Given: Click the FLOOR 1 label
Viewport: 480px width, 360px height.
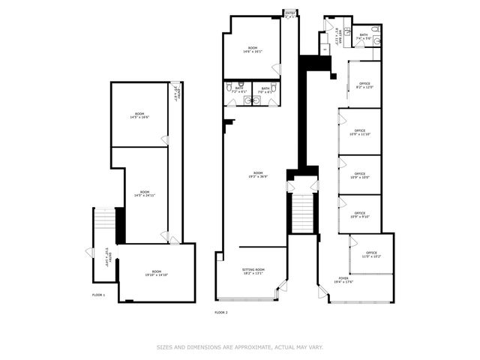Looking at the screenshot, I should (98, 295).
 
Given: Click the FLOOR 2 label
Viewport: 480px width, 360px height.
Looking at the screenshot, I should (220, 312).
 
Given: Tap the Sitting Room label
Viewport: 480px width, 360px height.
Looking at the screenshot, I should (253, 271).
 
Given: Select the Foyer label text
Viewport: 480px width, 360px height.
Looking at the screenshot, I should (343, 279).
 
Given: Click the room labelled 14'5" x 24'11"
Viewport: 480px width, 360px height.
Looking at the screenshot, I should (139, 193).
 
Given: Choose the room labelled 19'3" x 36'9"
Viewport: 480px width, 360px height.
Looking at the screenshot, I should (258, 175).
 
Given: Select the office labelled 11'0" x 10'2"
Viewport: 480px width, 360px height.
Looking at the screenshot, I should (371, 255).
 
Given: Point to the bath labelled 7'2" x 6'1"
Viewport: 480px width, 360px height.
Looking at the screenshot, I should (238, 90).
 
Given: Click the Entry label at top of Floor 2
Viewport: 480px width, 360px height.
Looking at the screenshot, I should (289, 13).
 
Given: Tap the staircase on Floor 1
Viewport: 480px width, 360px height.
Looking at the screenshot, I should (104, 222).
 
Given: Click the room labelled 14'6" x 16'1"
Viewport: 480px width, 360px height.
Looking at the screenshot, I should (250, 51).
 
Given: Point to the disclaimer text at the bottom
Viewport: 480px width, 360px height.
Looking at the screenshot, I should (240, 347).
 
